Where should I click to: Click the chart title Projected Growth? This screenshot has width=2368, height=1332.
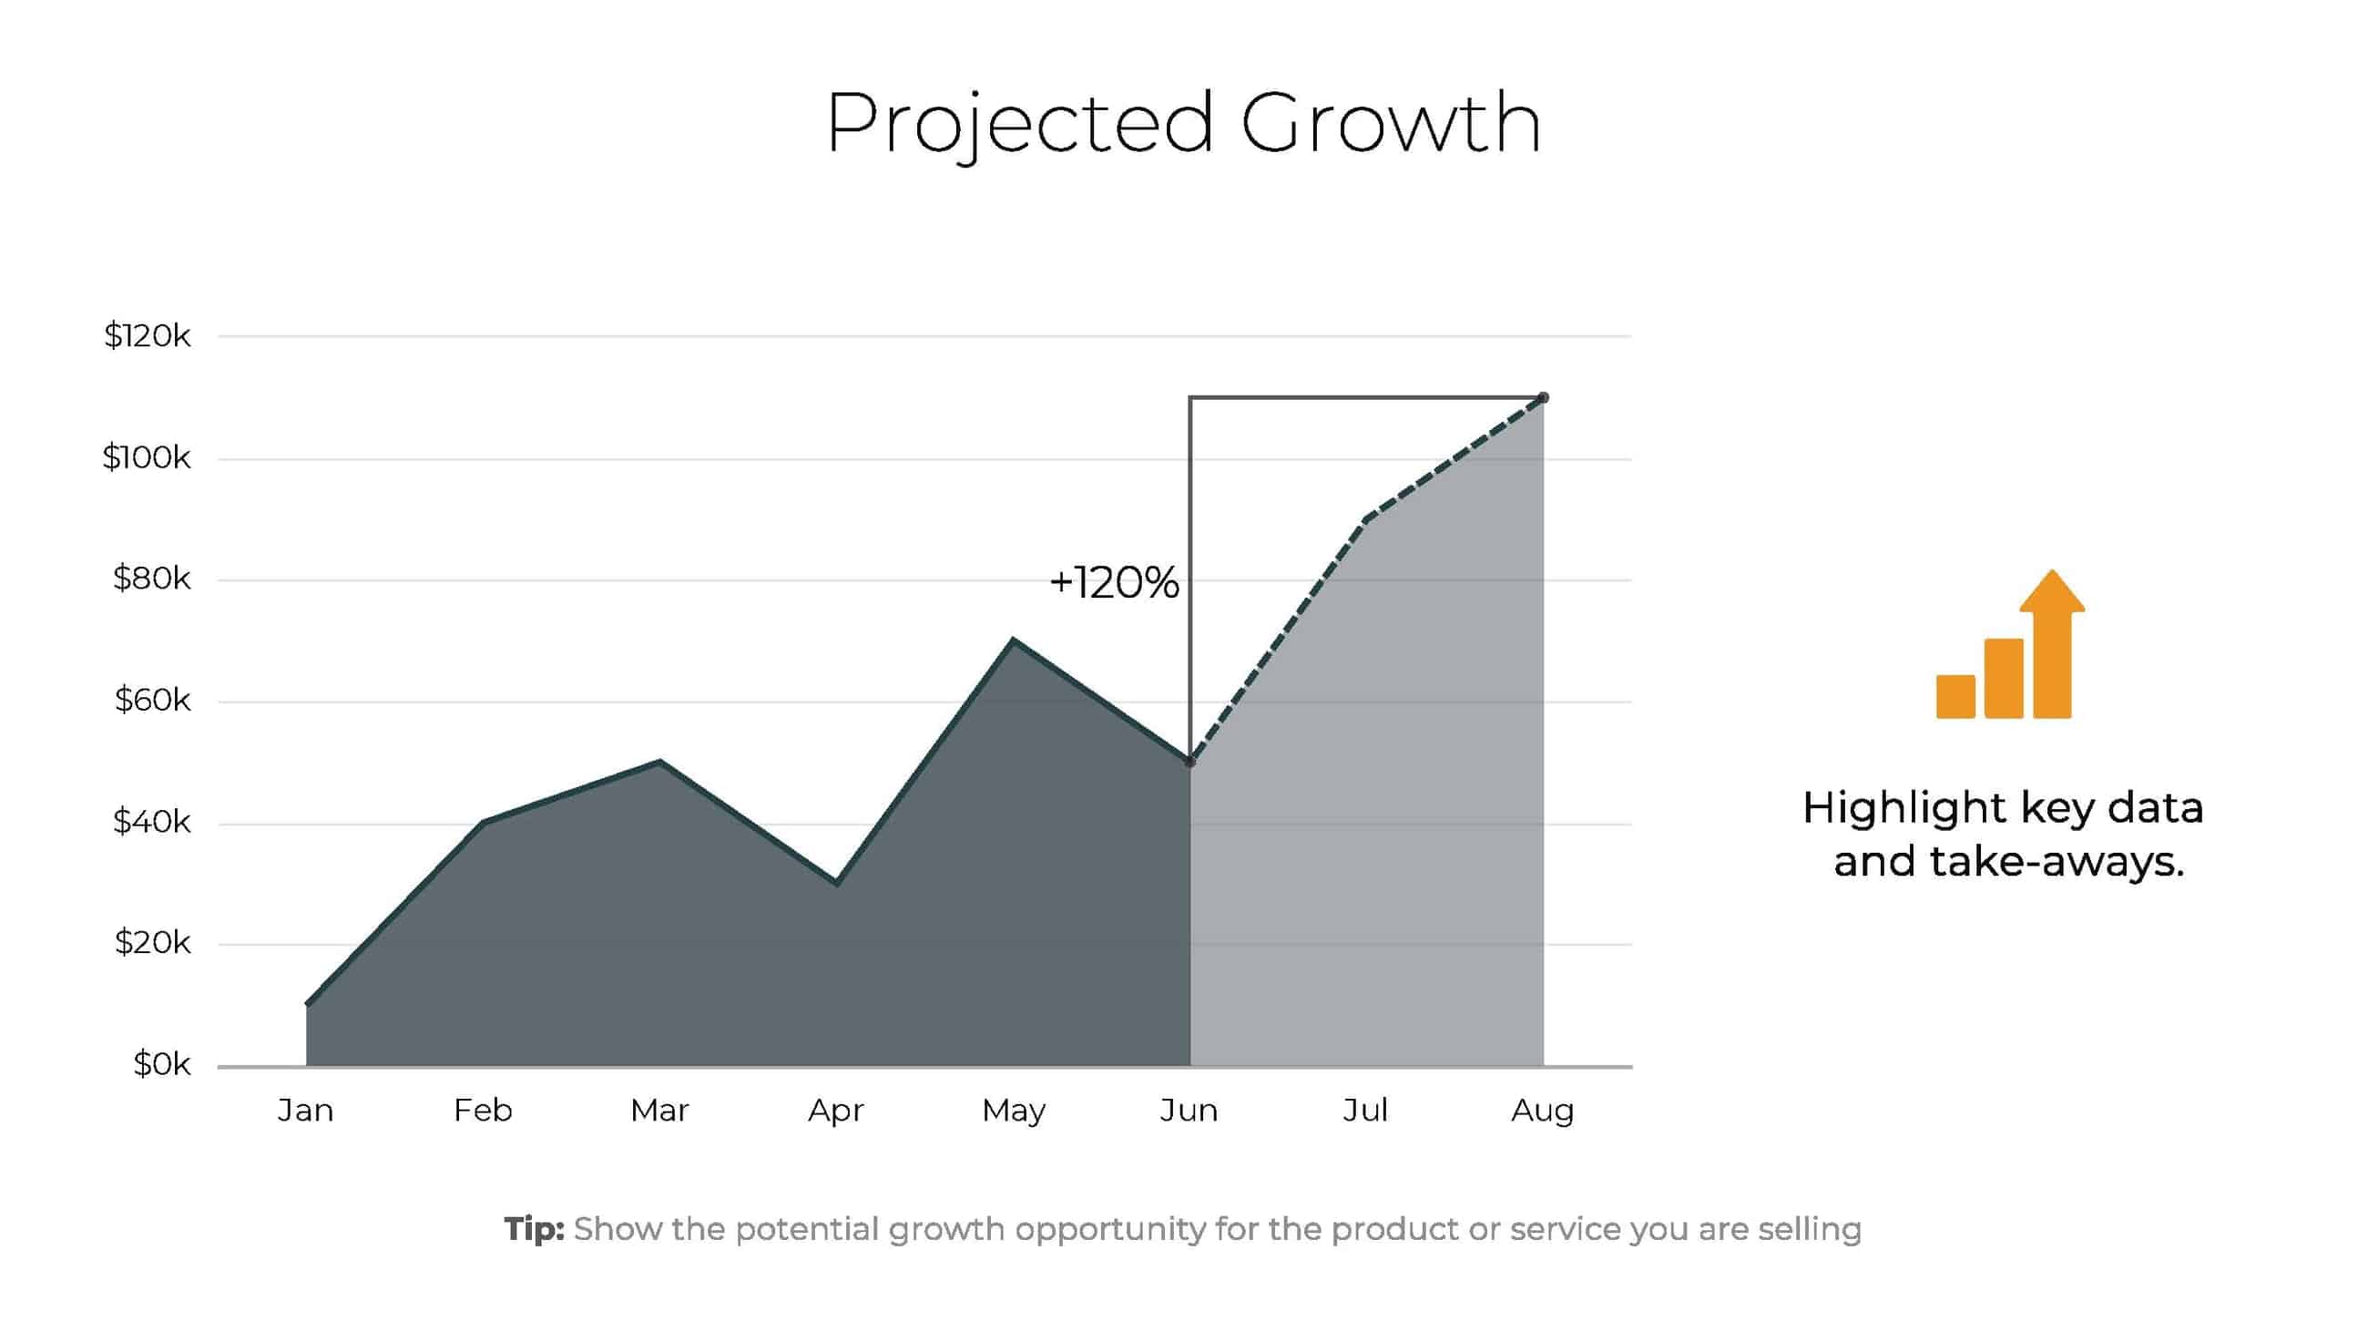point(1183,123)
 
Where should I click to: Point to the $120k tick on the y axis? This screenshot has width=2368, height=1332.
point(147,335)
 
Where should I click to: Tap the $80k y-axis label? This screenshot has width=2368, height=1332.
point(152,579)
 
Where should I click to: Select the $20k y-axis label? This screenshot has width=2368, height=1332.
point(153,942)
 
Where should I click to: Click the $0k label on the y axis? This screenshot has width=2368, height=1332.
point(162,1064)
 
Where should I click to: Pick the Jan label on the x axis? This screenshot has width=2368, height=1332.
point(305,1111)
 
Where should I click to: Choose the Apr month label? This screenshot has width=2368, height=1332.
point(835,1111)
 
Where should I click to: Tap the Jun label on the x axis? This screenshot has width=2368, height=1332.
point(1189,1111)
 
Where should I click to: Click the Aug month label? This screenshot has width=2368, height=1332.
point(1543,1111)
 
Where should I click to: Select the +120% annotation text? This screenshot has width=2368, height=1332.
point(1113,583)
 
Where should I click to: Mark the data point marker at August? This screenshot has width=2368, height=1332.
point(1544,398)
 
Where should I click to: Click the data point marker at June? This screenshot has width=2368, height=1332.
point(1190,762)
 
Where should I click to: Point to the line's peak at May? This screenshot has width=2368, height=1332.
point(1013,640)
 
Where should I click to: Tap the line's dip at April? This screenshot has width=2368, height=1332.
point(836,883)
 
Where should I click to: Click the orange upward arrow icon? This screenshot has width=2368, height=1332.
point(2052,642)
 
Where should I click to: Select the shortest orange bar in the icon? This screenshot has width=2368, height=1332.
point(1955,696)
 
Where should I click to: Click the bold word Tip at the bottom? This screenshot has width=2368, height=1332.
point(534,1229)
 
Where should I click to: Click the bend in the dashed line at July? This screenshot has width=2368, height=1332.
point(1367,519)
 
